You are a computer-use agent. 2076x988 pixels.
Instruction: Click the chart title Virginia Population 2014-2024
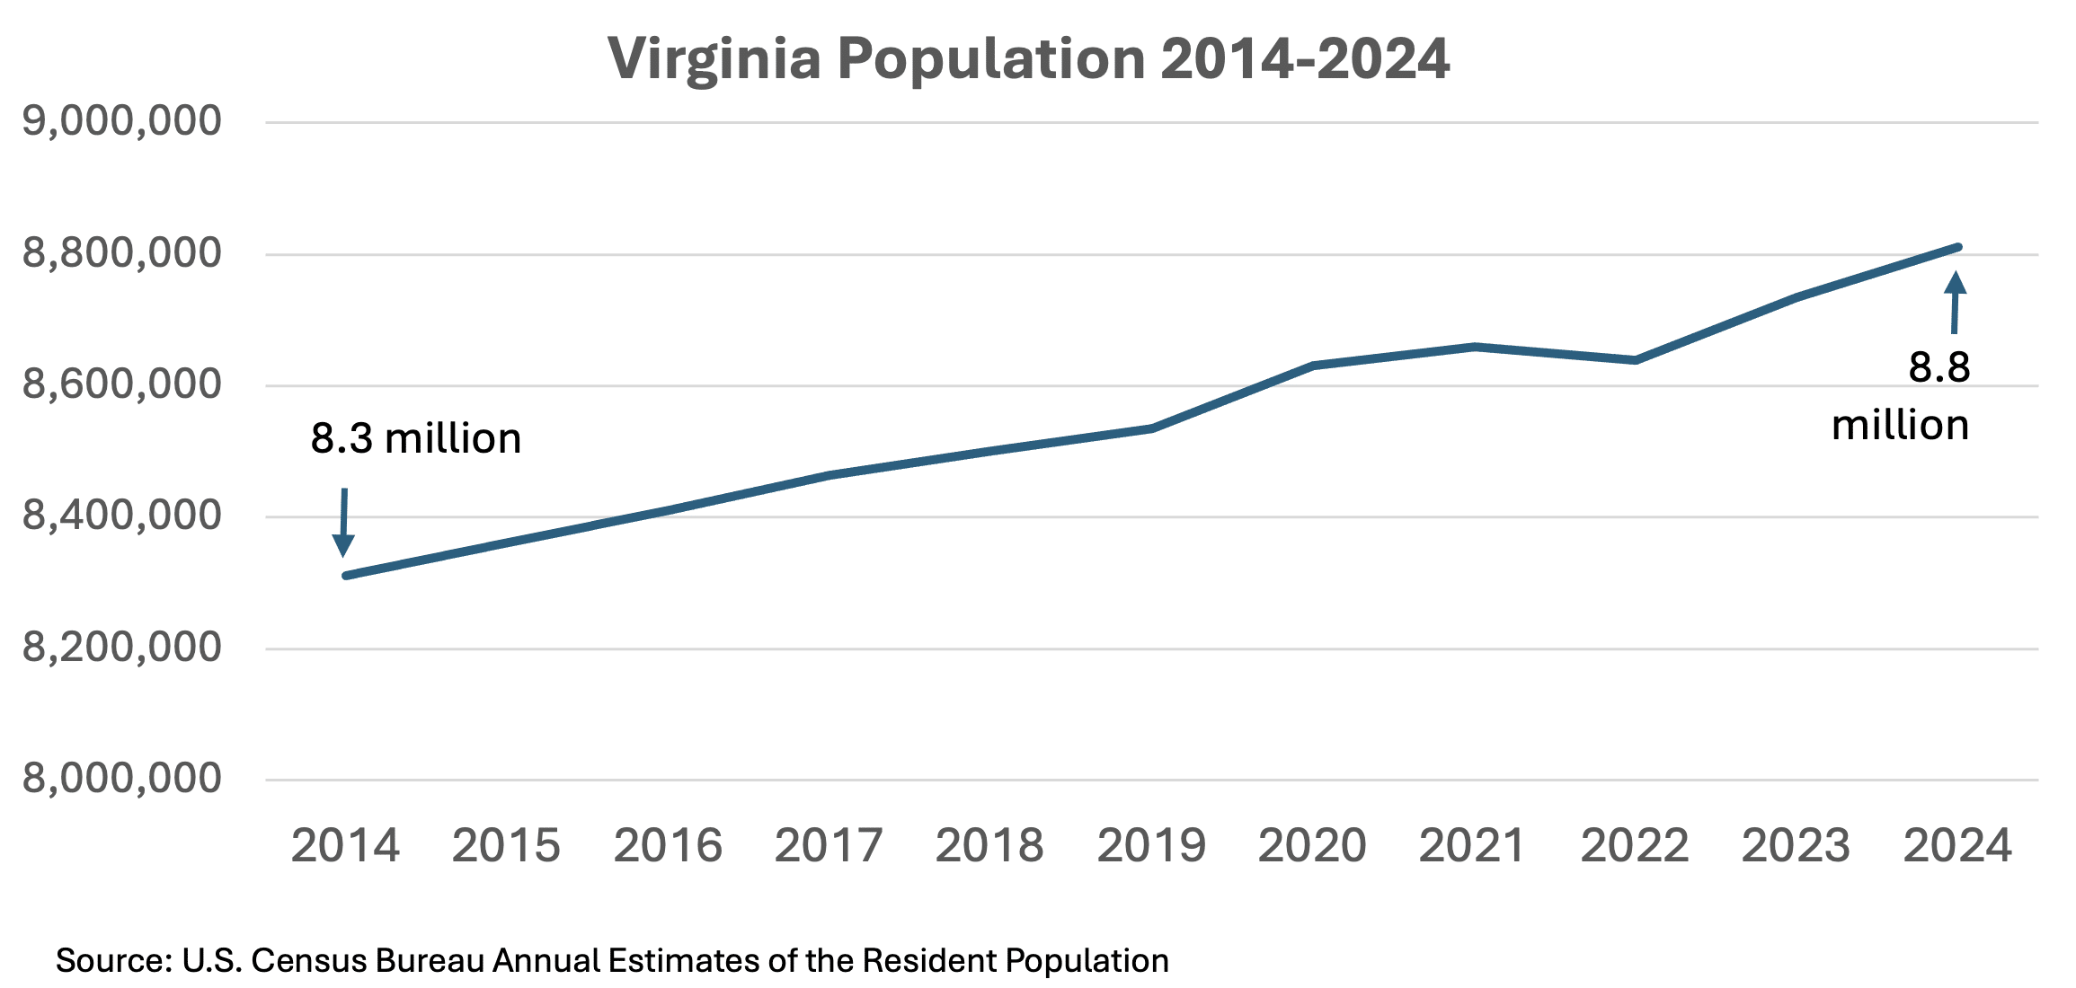(1028, 59)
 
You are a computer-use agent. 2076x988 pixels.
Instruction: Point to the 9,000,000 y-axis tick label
(121, 120)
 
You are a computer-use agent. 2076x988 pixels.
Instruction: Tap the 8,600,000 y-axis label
(121, 384)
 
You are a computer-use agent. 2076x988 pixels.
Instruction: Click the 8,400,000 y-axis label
(121, 516)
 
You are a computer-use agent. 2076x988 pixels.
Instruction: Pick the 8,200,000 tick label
(121, 647)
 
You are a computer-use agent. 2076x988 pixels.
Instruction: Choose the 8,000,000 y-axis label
(121, 778)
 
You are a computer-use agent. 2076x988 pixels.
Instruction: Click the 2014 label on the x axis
(345, 846)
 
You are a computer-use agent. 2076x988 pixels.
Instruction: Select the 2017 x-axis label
(829, 846)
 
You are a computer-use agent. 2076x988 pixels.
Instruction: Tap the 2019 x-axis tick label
(1151, 846)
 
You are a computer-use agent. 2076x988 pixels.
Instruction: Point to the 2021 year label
(1473, 846)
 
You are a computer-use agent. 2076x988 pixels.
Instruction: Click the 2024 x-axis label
(1957, 846)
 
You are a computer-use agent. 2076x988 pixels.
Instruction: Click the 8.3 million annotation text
(416, 439)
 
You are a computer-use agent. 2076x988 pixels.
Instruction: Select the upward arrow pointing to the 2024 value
(1955, 302)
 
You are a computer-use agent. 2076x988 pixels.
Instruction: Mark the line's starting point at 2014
(347, 575)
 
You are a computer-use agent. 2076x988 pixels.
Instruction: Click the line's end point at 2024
(1957, 247)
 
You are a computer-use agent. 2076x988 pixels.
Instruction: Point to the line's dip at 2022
(1636, 360)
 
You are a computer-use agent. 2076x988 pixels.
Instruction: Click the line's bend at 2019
(1151, 428)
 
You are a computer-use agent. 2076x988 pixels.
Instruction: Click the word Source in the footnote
(113, 961)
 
